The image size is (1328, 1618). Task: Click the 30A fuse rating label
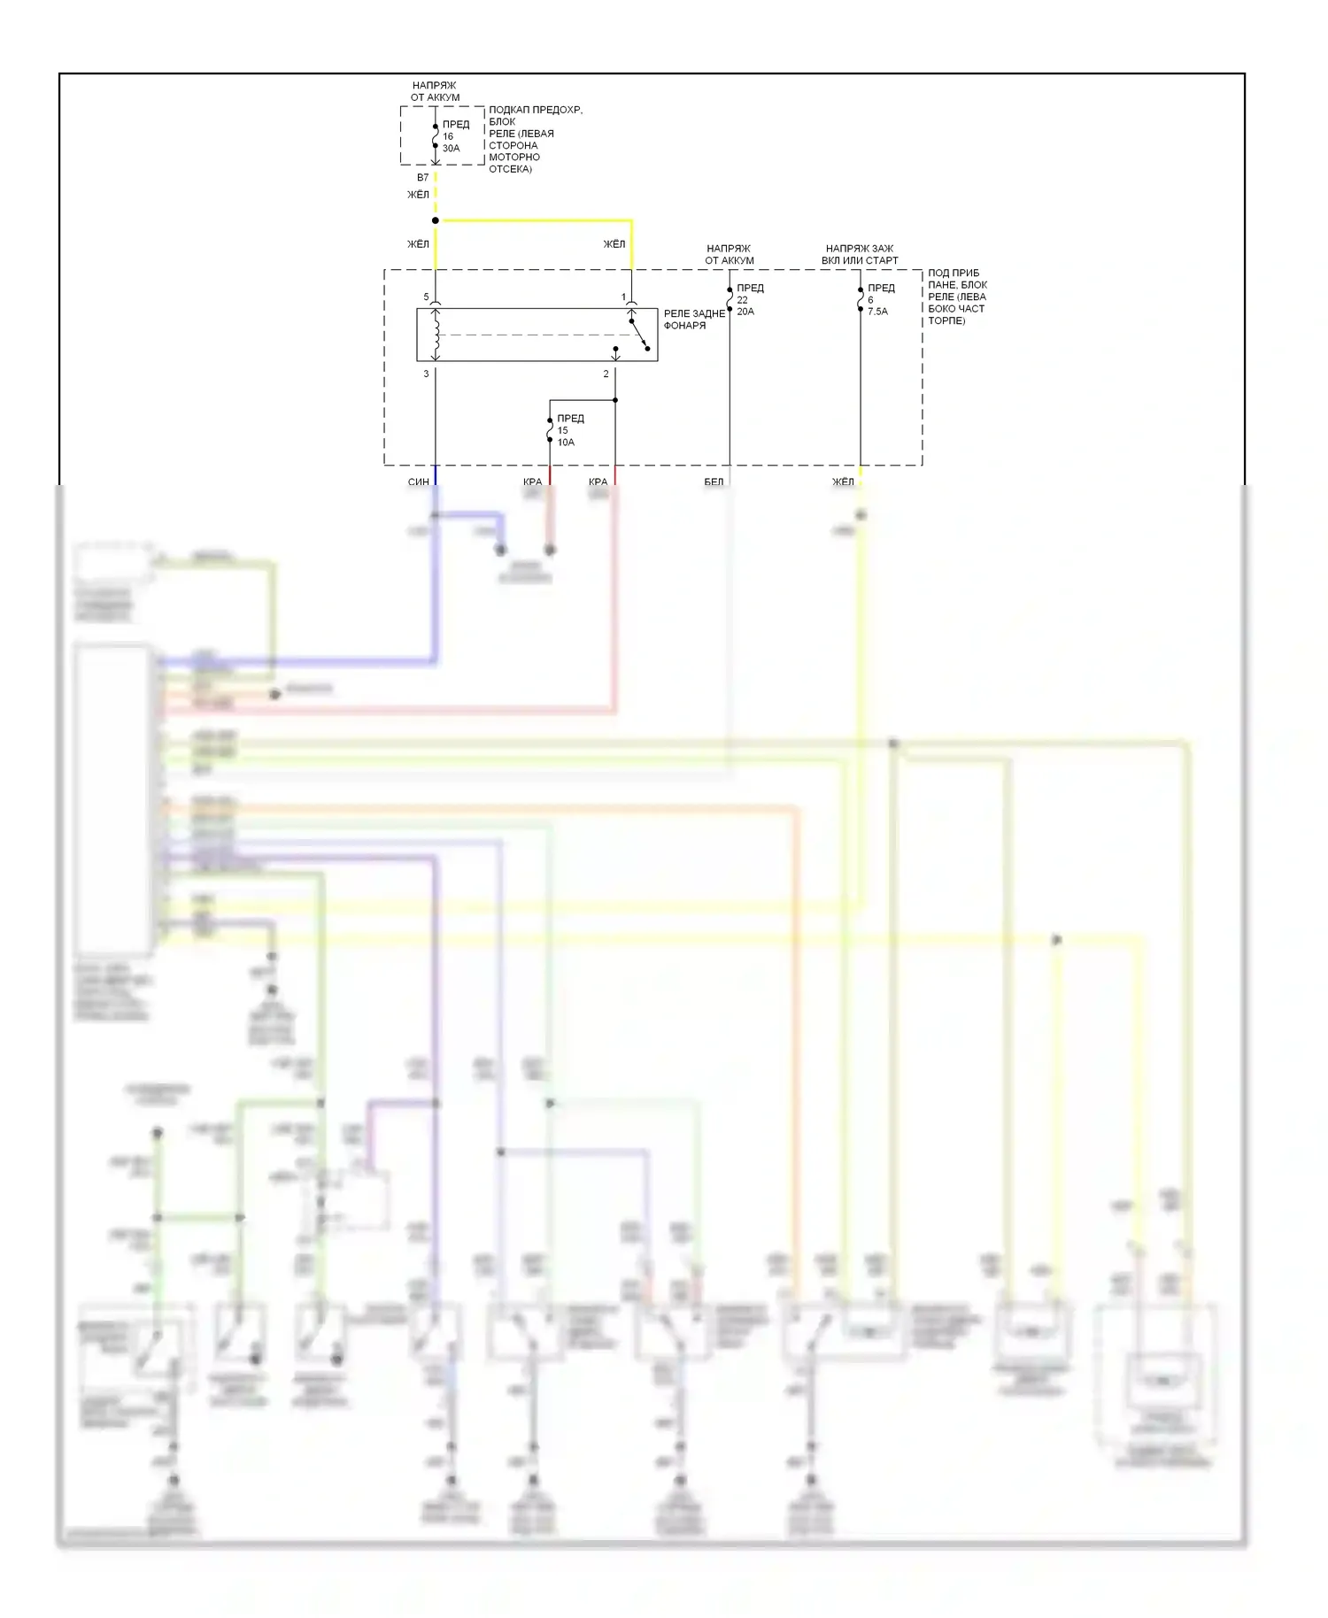coord(451,149)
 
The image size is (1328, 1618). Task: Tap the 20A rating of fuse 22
coord(745,312)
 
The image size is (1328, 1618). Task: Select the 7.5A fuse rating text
coord(877,312)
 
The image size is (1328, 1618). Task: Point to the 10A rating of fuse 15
coord(566,443)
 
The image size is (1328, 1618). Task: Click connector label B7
coord(423,178)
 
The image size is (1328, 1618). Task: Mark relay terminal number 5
coord(426,297)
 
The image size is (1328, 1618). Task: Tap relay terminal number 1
coord(623,297)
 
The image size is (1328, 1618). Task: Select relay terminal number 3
coord(426,374)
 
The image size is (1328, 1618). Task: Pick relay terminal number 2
coord(606,374)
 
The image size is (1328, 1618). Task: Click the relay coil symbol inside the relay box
coord(436,335)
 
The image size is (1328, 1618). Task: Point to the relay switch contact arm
coord(639,335)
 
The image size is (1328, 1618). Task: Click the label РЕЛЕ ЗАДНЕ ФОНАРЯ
coord(694,320)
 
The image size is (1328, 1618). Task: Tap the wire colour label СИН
coord(418,482)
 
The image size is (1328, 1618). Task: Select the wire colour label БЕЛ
coord(714,482)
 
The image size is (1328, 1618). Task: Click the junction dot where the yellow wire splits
coord(436,220)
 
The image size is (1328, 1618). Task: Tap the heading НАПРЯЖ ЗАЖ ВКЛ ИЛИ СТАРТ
coord(860,255)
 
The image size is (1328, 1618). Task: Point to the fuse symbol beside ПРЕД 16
coord(436,136)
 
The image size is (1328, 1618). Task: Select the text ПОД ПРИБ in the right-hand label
coord(954,274)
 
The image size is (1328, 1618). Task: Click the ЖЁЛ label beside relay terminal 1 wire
coord(614,244)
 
